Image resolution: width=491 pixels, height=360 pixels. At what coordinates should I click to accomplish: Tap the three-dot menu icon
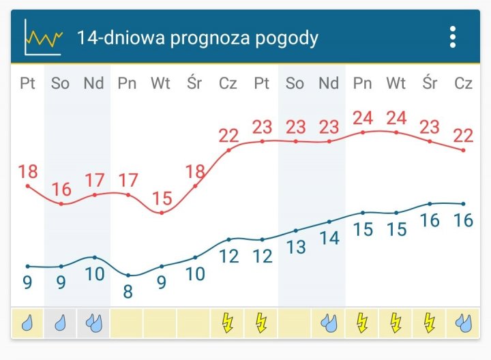point(453,37)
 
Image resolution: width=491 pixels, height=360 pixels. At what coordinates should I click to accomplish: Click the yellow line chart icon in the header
point(42,37)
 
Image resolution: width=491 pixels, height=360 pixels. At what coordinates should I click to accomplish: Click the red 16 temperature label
point(61,190)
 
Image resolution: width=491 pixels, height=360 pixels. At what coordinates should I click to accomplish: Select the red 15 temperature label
point(162,198)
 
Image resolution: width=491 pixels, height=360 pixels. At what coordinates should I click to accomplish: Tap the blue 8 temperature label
point(128,292)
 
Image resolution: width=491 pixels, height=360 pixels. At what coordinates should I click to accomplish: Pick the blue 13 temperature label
point(295,247)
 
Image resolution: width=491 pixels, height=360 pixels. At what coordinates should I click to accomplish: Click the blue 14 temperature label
point(329,238)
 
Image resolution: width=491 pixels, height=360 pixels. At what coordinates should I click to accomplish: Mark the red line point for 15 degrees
point(162,213)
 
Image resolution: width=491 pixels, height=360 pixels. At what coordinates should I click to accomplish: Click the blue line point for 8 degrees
point(128,275)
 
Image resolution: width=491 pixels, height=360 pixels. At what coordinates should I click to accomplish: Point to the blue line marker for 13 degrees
point(295,230)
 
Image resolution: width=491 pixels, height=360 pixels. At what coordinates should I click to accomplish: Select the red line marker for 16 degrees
point(61,203)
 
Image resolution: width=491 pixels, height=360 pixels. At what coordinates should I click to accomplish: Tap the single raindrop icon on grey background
point(61,322)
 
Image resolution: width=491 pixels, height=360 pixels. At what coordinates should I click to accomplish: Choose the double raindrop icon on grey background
point(94,322)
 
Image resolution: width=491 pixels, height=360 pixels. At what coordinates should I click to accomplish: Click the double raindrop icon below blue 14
point(329,322)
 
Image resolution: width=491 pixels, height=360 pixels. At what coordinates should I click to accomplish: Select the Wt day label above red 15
point(161,83)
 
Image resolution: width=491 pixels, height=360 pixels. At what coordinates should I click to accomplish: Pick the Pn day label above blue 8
point(128,83)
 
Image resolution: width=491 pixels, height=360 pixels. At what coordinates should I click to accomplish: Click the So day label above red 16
point(61,83)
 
